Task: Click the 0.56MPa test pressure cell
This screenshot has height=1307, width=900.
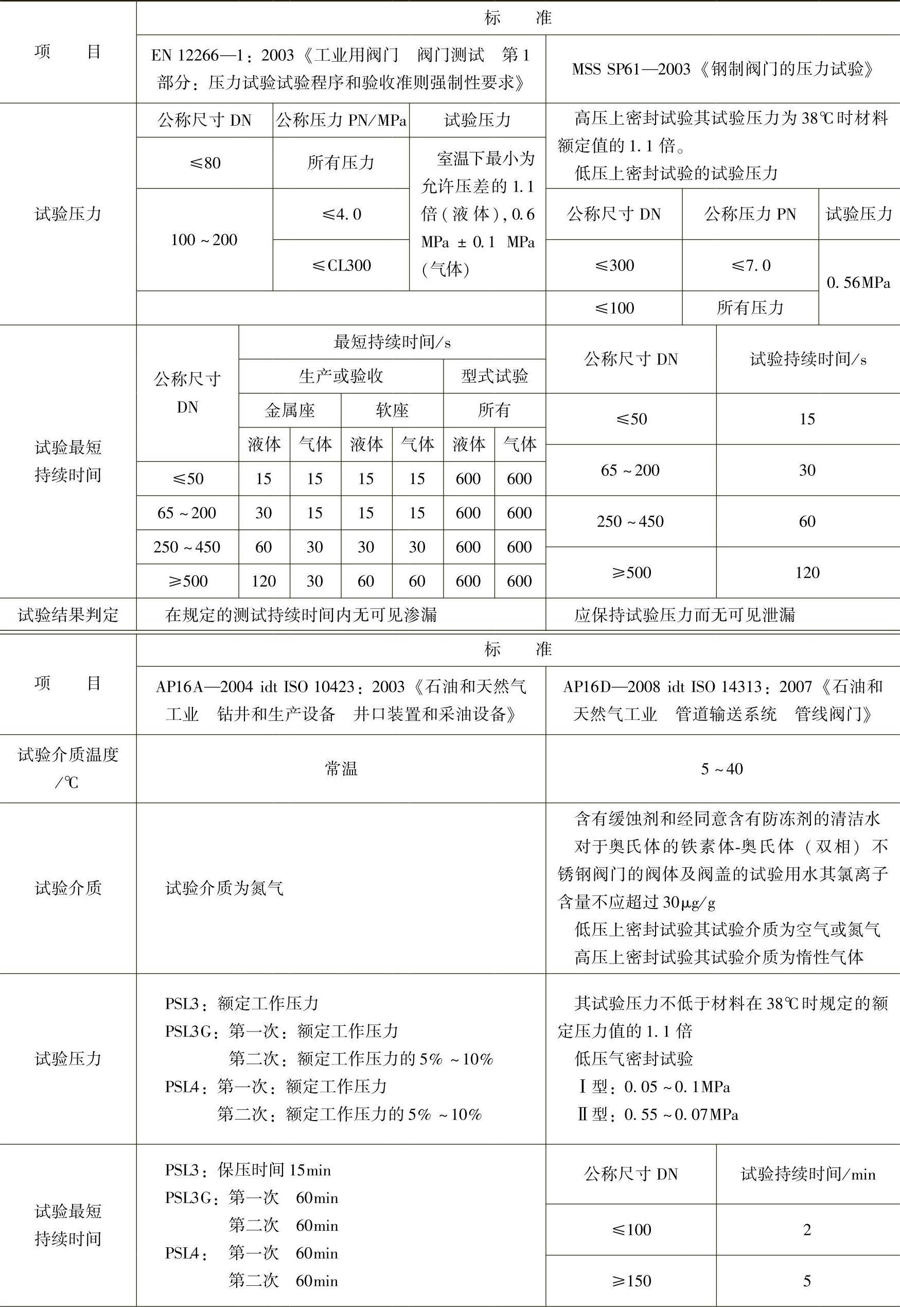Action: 858,282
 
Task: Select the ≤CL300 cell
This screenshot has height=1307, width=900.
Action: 341,265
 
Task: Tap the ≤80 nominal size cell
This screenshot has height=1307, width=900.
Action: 205,163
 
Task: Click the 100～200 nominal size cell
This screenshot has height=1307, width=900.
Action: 204,240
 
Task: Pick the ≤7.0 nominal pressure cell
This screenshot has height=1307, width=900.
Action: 750,265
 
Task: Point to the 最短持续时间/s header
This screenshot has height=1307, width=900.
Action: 392,342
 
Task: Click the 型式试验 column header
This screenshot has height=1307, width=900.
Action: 495,376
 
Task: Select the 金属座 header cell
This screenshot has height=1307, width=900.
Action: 290,410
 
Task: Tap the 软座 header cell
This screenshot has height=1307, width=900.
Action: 392,410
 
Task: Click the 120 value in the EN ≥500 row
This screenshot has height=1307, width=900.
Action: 264,581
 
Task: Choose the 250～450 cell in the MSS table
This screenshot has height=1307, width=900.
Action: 630,522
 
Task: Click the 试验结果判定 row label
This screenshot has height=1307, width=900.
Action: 68,614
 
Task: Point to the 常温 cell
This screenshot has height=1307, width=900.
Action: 341,769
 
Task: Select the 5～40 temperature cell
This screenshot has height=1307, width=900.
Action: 722,769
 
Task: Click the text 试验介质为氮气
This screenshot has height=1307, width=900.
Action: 224,888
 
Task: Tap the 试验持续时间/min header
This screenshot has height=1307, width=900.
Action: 807,1174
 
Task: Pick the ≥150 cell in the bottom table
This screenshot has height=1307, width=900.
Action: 631,1281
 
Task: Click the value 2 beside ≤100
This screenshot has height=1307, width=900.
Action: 807,1230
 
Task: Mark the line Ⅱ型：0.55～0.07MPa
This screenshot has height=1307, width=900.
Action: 658,1114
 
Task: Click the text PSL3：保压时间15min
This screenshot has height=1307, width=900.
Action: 248,1170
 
